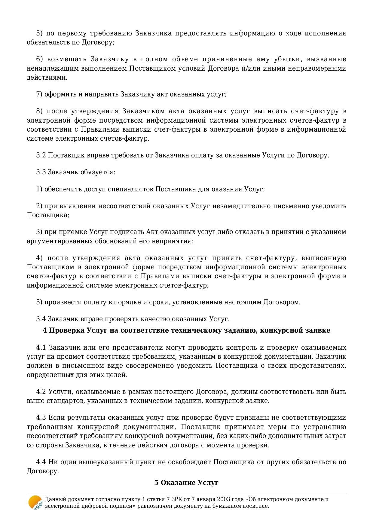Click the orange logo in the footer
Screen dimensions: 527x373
click(35, 502)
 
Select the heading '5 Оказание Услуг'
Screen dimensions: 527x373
click(186, 483)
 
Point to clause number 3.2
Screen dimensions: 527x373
click(41, 155)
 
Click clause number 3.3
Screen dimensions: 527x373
click(41, 172)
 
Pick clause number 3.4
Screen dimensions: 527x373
click(41, 319)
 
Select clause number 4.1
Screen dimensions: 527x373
click(41, 348)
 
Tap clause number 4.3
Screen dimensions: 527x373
click(41, 418)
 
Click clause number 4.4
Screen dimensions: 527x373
click(41, 462)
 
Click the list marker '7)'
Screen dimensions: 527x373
click(39, 94)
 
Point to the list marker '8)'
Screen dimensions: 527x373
click(39, 111)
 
